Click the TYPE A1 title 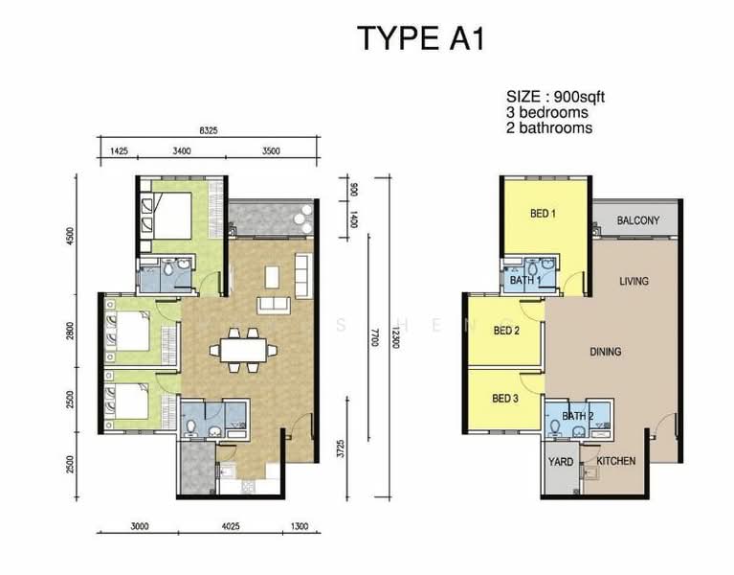tap(421, 38)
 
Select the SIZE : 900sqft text tap(555, 97)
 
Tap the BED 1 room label tap(543, 214)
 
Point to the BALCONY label tap(637, 221)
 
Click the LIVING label tap(634, 281)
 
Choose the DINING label tap(605, 352)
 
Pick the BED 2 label tap(505, 332)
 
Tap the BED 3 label tap(505, 399)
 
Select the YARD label tap(561, 462)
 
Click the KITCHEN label tap(616, 461)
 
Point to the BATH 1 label tap(525, 281)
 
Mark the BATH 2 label tap(577, 416)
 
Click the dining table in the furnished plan tap(240, 350)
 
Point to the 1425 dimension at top tap(120, 150)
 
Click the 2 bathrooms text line tap(549, 127)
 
